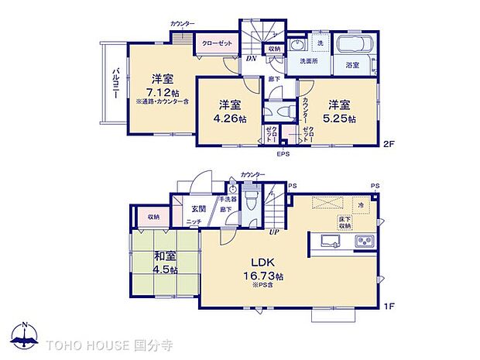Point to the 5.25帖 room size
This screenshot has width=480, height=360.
tap(341, 119)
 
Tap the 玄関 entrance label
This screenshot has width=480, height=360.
tap(198, 208)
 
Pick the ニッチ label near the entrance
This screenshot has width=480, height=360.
tap(194, 223)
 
